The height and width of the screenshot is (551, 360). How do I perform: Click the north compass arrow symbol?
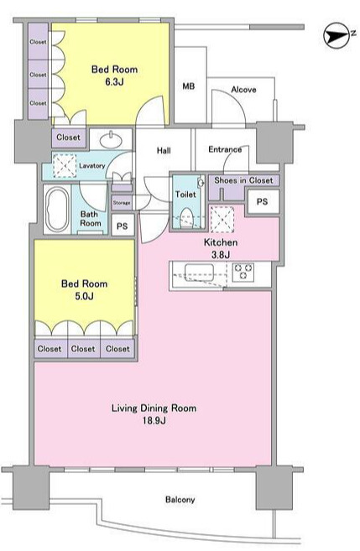(x=337, y=35)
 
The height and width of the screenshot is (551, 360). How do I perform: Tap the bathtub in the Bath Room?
(x=58, y=209)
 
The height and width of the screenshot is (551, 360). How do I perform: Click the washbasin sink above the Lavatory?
(x=111, y=140)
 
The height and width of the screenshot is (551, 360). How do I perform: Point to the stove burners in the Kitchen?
(x=243, y=272)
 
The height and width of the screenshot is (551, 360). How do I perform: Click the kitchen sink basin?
(x=199, y=273)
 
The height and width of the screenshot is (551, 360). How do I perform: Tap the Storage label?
(x=122, y=203)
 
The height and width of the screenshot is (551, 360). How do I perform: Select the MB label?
(x=189, y=86)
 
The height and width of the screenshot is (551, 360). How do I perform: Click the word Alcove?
(x=243, y=90)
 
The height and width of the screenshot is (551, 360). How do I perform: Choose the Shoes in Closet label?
(x=243, y=180)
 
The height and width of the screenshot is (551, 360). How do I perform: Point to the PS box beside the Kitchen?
(x=263, y=201)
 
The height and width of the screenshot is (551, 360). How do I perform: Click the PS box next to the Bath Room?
(x=122, y=226)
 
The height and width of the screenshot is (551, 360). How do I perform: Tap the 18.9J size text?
(x=154, y=420)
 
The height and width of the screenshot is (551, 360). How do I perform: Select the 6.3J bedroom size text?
(x=114, y=82)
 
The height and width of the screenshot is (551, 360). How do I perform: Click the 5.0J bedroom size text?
(x=84, y=296)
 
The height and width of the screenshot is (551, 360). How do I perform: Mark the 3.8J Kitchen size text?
(x=221, y=254)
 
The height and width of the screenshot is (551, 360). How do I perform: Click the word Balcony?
(x=180, y=500)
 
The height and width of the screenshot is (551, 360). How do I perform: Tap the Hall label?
(x=164, y=151)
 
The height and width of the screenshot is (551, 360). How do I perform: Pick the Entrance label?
(x=225, y=149)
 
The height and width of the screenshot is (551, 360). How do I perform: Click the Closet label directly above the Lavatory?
(x=68, y=137)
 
